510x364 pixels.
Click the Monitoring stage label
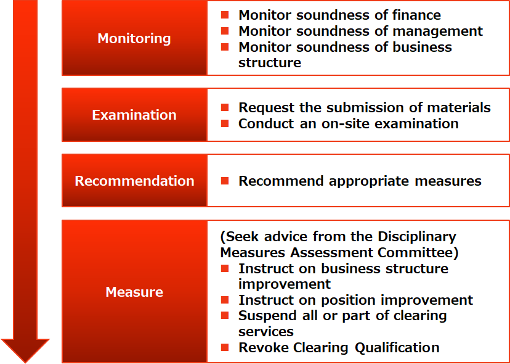pyautogui.click(x=134, y=38)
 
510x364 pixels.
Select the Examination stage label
pyautogui.click(x=134, y=115)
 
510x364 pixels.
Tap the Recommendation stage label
pyautogui.click(x=134, y=181)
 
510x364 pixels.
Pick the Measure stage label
pyautogui.click(x=134, y=292)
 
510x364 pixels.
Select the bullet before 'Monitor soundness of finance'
pyautogui.click(x=225, y=15)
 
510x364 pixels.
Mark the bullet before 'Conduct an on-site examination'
pyautogui.click(x=225, y=124)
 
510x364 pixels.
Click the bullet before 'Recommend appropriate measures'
pyautogui.click(x=225, y=181)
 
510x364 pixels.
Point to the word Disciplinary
pyautogui.click(x=417, y=238)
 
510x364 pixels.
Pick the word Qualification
pyautogui.click(x=397, y=348)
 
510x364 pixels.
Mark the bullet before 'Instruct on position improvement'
pyautogui.click(x=225, y=300)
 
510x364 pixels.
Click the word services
pyautogui.click(x=266, y=332)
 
